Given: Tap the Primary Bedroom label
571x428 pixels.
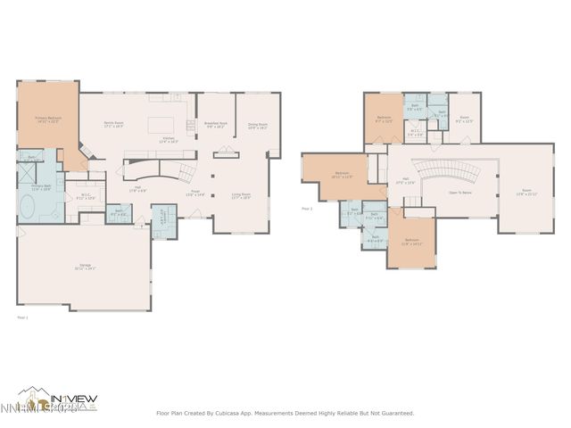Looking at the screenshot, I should (x=47, y=119).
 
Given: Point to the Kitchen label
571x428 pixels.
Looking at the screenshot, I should (x=168, y=139).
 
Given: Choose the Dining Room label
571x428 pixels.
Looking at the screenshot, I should (x=258, y=126).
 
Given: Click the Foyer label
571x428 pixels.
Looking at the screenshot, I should (x=197, y=193).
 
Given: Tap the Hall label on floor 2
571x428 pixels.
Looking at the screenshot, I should (x=406, y=180).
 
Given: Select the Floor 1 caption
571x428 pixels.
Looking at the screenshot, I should (x=23, y=317).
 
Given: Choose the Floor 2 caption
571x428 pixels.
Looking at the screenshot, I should (x=306, y=209).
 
